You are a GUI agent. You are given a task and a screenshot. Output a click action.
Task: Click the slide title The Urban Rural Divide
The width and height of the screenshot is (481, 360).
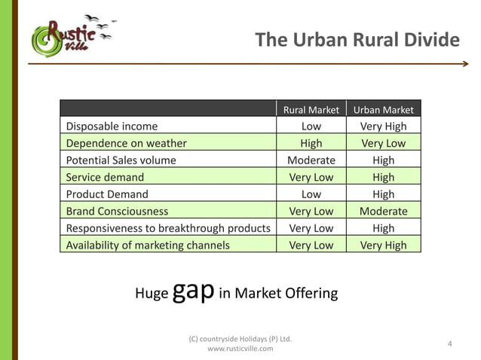coord(357,39)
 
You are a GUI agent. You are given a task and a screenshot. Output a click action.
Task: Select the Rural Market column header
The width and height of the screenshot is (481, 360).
coord(311,110)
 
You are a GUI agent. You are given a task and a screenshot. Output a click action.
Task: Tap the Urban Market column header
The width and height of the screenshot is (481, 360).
coord(383,110)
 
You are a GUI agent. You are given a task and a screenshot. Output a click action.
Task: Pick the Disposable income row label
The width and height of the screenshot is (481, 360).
coord(112,127)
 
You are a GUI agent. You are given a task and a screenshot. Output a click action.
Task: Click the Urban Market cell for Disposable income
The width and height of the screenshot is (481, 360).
coord(383,127)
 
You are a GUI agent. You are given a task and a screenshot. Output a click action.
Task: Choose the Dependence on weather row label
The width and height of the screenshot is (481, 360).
coord(126,143)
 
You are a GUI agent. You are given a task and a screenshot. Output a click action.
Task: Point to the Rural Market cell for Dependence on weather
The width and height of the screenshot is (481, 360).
coord(311,143)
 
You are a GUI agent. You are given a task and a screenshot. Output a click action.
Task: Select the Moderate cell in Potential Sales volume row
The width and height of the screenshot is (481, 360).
coord(311,160)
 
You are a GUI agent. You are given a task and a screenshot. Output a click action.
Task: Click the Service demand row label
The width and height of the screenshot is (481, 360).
coord(105,177)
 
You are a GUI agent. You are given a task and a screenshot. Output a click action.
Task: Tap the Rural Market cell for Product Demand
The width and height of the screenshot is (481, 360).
coord(311,194)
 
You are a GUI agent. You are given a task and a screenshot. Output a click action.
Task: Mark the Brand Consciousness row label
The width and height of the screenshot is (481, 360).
coord(117,211)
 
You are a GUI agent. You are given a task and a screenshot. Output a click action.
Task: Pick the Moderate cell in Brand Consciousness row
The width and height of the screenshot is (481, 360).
coord(383,211)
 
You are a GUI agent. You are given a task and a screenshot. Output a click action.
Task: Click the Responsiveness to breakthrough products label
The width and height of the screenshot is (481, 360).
coord(168,228)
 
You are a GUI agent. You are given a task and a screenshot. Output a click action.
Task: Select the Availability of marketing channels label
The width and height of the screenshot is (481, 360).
coord(148,245)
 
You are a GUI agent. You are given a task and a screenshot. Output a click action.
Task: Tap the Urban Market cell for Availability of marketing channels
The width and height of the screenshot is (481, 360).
coord(383,245)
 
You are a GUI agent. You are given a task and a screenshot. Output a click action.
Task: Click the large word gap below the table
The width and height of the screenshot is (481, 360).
coord(193,291)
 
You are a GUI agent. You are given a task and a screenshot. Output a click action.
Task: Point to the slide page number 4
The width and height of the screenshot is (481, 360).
coord(450,344)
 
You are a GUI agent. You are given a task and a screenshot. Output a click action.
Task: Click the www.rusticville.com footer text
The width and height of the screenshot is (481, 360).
coord(240,349)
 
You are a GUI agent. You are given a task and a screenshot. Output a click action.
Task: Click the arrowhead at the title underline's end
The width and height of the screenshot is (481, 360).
coord(465,64)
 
